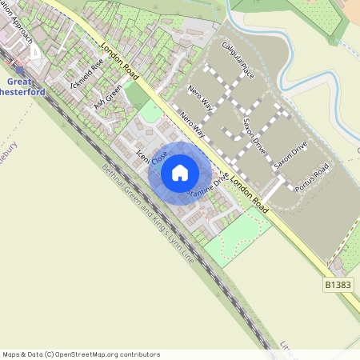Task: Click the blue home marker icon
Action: pyautogui.click(x=180, y=172)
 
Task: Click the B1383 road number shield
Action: pyautogui.click(x=339, y=284)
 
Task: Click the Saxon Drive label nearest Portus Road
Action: pyautogui.click(x=290, y=154)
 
